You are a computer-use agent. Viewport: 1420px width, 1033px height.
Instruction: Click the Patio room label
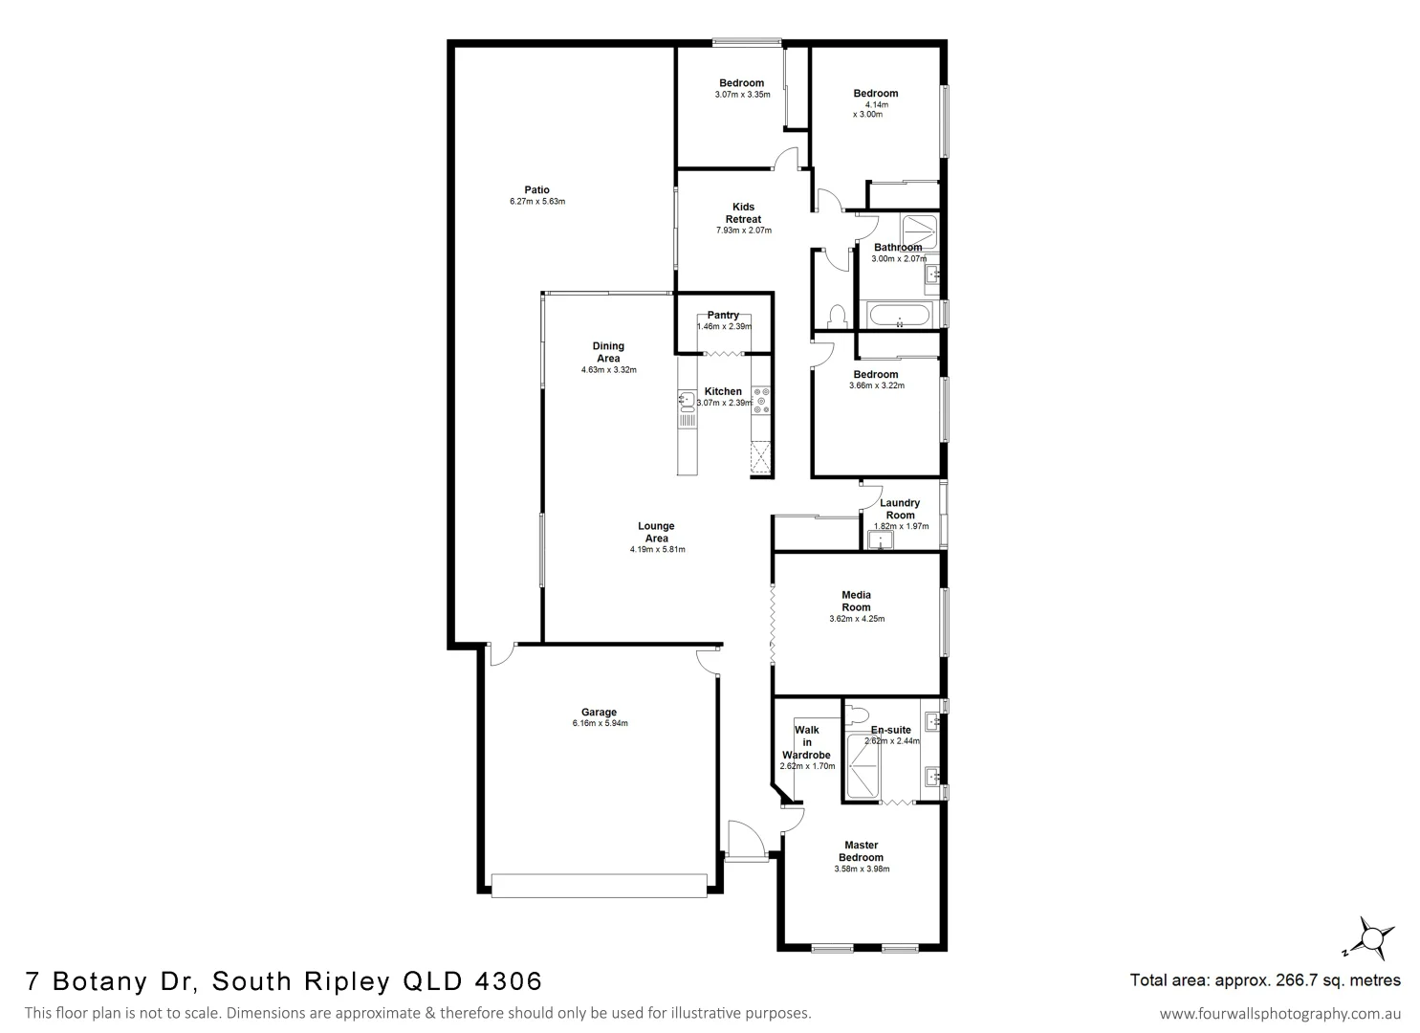[536, 189]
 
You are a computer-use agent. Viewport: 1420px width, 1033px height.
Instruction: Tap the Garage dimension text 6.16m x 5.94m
[600, 724]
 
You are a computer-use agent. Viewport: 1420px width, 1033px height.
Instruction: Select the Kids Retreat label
[743, 213]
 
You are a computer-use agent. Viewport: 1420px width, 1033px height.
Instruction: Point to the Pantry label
[723, 315]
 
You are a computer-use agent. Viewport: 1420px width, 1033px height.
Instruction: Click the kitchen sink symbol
[687, 398]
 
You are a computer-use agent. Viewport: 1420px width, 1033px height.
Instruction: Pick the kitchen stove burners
[761, 400]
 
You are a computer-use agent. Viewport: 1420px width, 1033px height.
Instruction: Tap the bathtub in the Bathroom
[899, 315]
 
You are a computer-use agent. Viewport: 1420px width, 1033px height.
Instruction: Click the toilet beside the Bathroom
[837, 315]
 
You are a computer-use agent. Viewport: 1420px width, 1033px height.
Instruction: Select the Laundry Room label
[900, 509]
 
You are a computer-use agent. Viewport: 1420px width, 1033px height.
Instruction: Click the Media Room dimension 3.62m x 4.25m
[857, 619]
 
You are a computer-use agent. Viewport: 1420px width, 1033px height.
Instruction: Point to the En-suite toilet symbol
[857, 714]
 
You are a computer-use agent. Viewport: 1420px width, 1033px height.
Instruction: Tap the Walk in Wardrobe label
[807, 742]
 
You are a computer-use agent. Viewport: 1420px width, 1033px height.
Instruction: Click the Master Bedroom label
[862, 851]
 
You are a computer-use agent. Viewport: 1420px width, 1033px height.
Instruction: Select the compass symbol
[1372, 935]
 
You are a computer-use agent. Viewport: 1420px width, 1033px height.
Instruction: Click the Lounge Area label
[657, 532]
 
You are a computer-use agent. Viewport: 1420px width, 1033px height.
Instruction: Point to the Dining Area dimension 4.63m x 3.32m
[609, 370]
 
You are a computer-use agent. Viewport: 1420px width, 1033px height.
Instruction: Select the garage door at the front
[600, 886]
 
